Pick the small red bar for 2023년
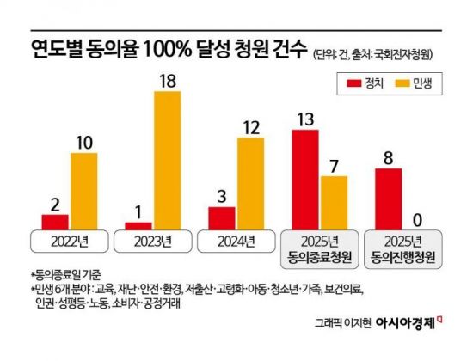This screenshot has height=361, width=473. tap(138, 225)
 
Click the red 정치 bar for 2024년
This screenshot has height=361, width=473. tap(221, 217)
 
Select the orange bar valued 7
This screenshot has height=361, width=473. tap(334, 202)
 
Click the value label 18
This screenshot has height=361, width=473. tap(169, 80)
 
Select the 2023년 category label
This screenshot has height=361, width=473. tap(152, 239)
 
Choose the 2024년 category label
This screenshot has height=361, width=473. tap(236, 239)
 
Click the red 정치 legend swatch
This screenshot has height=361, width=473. tap(350, 83)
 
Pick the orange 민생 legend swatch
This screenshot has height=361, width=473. tap(402, 83)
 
